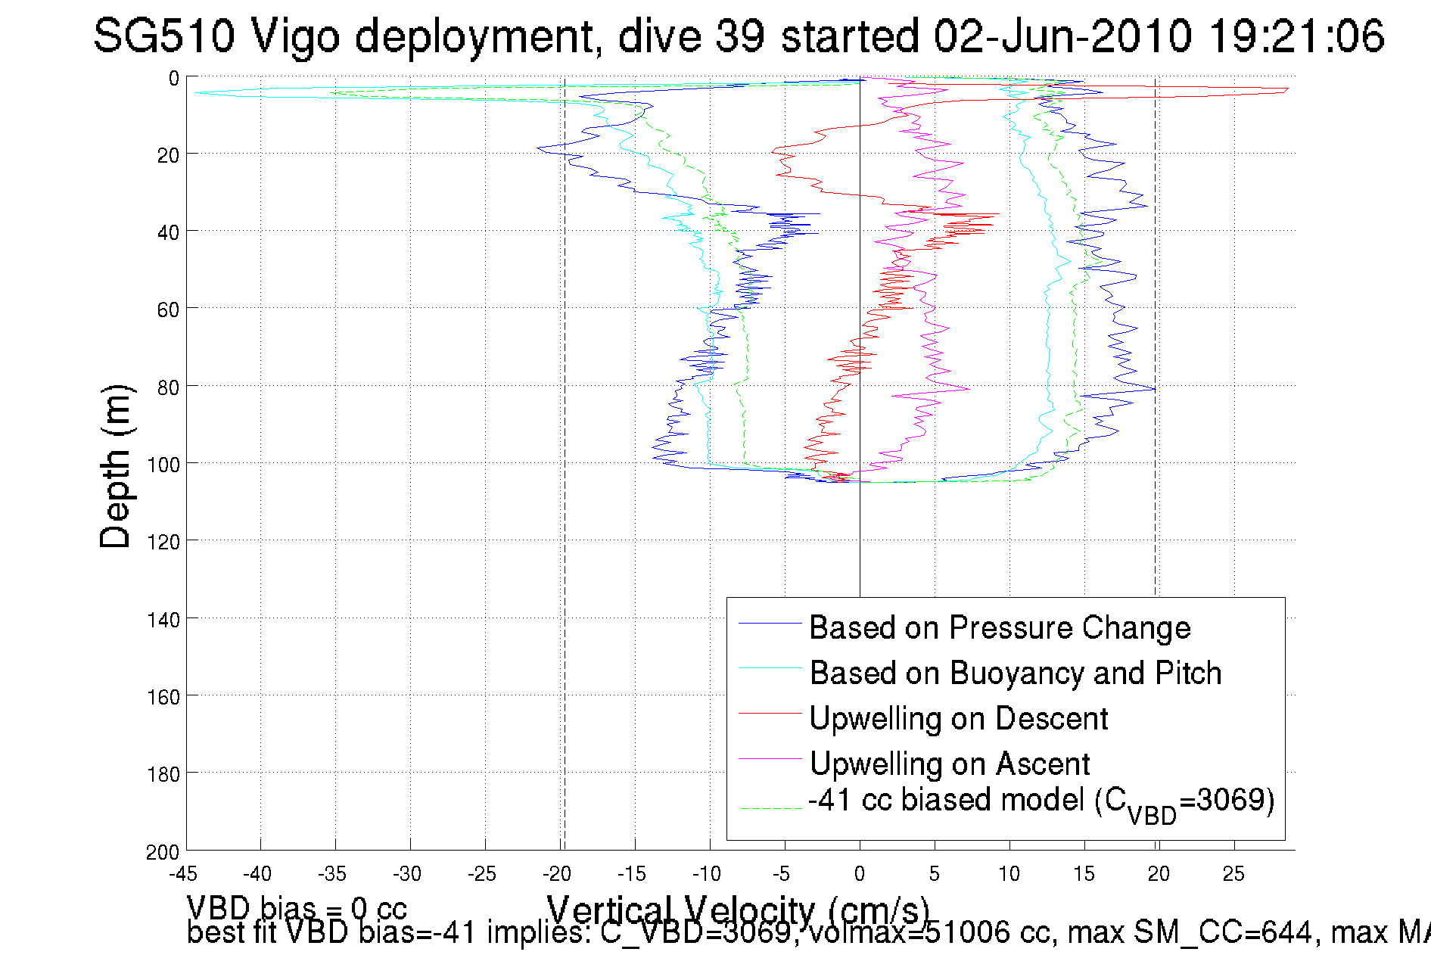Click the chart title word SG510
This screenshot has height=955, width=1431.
coord(163,36)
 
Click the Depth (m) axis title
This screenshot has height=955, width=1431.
coord(116,466)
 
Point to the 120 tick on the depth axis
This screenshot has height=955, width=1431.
coord(163,542)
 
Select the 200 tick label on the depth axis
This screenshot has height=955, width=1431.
coord(163,852)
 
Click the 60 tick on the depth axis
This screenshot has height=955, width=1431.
coord(167,310)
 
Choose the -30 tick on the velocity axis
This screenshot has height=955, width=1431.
coord(407,874)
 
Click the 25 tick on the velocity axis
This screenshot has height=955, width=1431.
coord(1233,874)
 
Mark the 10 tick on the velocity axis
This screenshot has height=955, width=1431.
coord(1009,874)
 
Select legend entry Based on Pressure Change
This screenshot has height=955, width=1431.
coord(1000,627)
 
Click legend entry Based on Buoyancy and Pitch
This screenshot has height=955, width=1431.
coord(1016,673)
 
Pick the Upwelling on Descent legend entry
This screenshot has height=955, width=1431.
coord(958,718)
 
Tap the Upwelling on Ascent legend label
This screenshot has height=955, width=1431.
coord(949,764)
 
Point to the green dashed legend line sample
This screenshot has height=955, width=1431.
coord(770,808)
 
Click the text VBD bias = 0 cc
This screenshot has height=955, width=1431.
coord(297,908)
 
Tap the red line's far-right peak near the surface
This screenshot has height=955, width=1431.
coord(1286,90)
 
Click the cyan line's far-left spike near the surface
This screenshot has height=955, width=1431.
coord(195,92)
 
